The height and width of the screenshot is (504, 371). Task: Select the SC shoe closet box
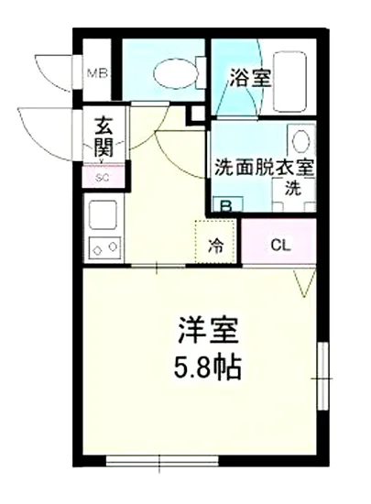click(101, 178)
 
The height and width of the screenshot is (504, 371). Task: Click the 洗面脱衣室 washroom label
click(265, 169)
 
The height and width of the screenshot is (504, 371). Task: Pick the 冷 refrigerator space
click(216, 244)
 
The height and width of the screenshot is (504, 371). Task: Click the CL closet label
click(280, 244)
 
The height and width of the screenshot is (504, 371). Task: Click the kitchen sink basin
click(101, 214)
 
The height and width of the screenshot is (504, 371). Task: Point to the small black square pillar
click(195, 114)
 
